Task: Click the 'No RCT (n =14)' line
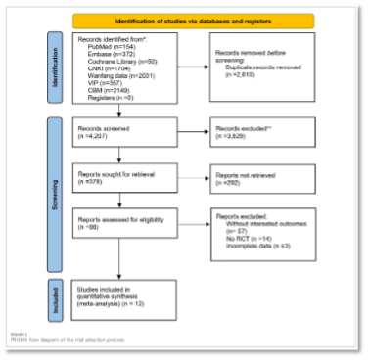pyautogui.click(x=251, y=238)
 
